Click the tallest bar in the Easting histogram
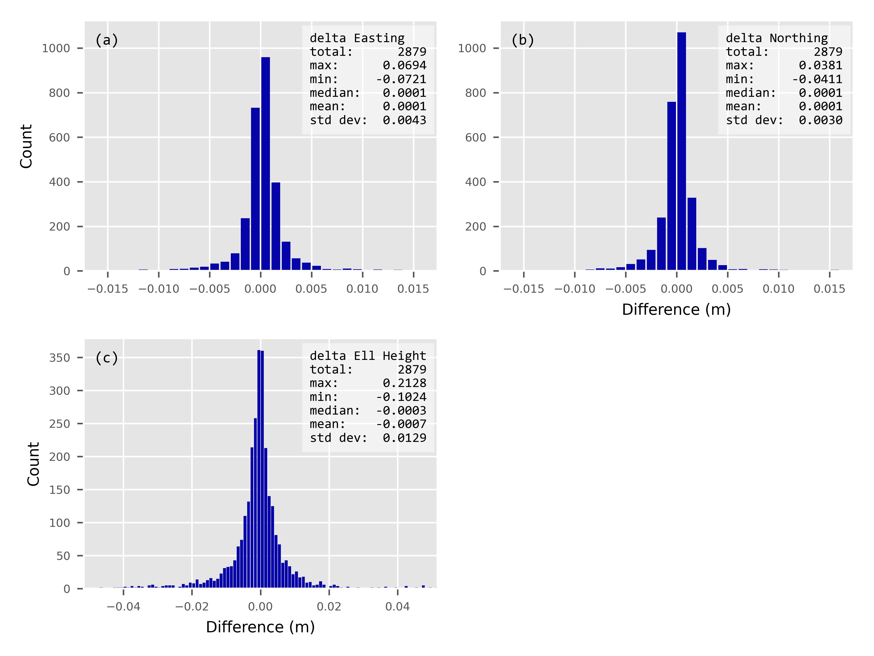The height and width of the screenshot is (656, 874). point(266,164)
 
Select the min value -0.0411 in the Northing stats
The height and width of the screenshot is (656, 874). point(817,79)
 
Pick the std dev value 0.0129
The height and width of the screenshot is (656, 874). point(404,438)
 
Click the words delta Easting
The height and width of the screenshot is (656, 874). point(357,38)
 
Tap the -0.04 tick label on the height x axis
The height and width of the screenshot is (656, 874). point(123,607)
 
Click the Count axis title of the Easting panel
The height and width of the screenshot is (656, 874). point(26,146)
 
